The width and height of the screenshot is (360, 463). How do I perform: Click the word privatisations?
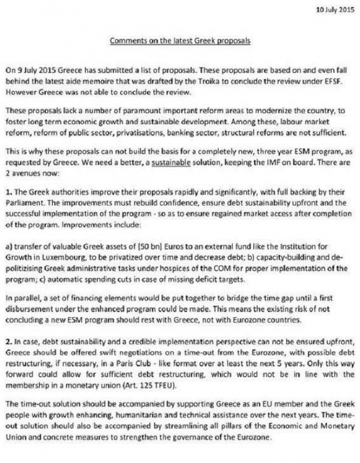[x=161, y=132]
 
